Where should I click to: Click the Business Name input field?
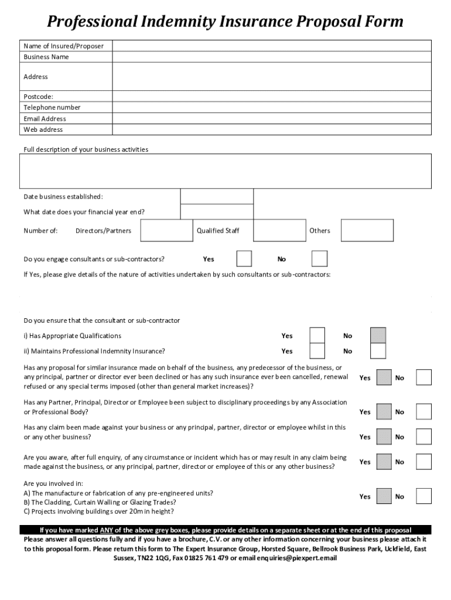click(271, 57)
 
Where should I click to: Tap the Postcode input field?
click(271, 96)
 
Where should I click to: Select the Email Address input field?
click(271, 118)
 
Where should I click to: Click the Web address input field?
click(271, 129)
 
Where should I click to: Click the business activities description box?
click(225, 171)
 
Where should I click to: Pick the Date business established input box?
click(216, 196)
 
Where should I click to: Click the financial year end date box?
click(216, 212)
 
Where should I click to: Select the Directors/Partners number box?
click(166, 230)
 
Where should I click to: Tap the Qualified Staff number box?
click(279, 230)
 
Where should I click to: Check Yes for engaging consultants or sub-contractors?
click(244, 258)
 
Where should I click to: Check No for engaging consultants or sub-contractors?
click(319, 258)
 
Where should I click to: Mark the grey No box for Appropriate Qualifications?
click(378, 335)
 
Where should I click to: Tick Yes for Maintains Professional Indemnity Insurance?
click(317, 351)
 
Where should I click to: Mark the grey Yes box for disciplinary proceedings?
click(384, 411)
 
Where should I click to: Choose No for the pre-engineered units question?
click(423, 496)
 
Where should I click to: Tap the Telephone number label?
click(52, 107)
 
